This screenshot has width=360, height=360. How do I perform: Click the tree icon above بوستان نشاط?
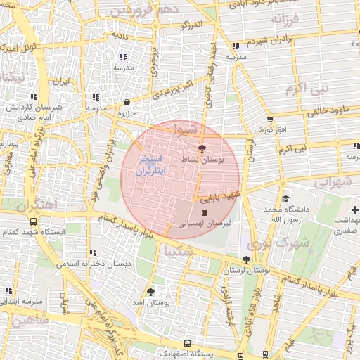pyautogui.click(x=203, y=148)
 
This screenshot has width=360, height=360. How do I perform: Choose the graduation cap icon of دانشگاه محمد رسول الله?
pyautogui.click(x=285, y=198)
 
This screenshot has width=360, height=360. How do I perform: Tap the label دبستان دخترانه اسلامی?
pyautogui.click(x=94, y=264)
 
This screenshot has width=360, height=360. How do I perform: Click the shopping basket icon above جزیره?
pyautogui.click(x=127, y=103)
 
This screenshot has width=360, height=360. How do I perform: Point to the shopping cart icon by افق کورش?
pyautogui.click(x=270, y=120)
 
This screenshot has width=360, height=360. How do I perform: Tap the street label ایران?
pyautogui.click(x=63, y=82)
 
